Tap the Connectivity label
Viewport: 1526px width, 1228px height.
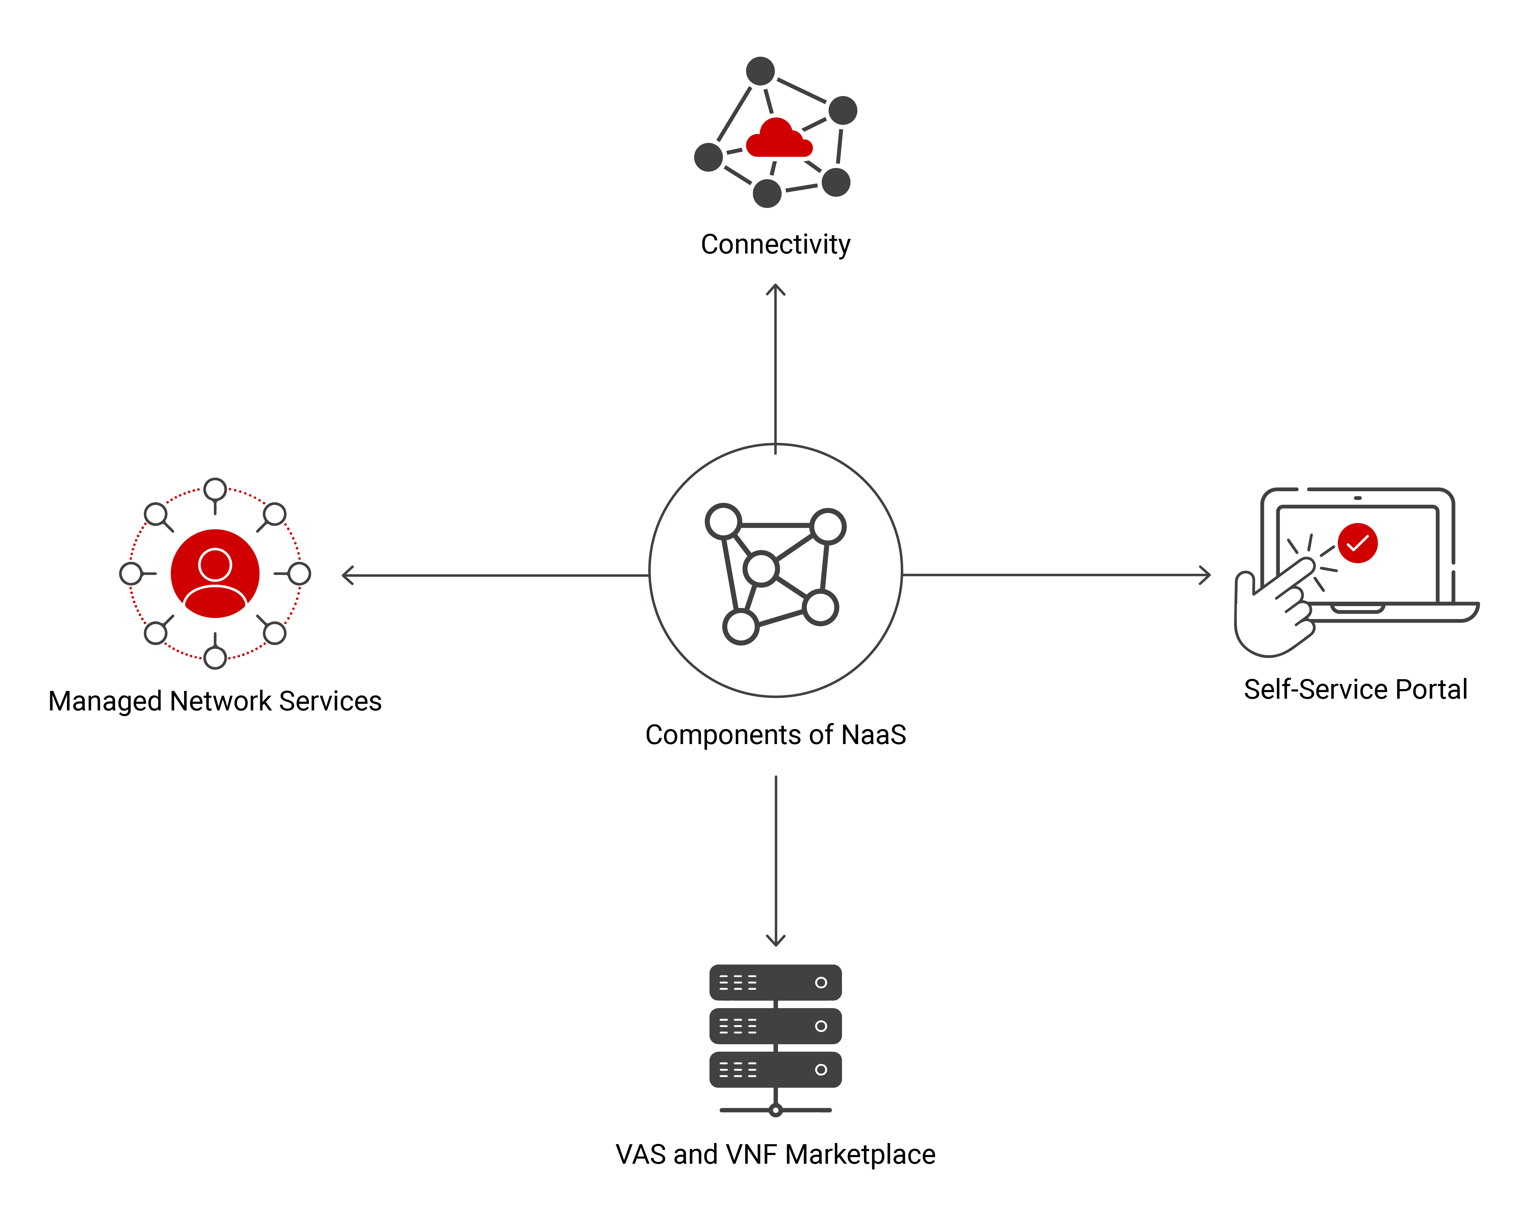tap(775, 244)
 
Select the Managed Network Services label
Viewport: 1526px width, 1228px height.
tap(214, 701)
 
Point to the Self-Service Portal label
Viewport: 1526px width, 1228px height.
tap(1356, 689)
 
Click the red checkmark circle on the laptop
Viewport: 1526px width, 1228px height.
tap(1357, 543)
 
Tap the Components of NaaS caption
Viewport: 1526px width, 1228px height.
tap(775, 735)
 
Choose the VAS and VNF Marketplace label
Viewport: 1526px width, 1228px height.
tap(775, 1154)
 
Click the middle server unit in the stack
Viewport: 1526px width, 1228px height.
tap(775, 1026)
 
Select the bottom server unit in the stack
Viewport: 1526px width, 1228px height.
tap(775, 1069)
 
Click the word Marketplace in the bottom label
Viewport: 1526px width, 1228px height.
tap(860, 1154)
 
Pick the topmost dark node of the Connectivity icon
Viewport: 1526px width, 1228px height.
tap(760, 71)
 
